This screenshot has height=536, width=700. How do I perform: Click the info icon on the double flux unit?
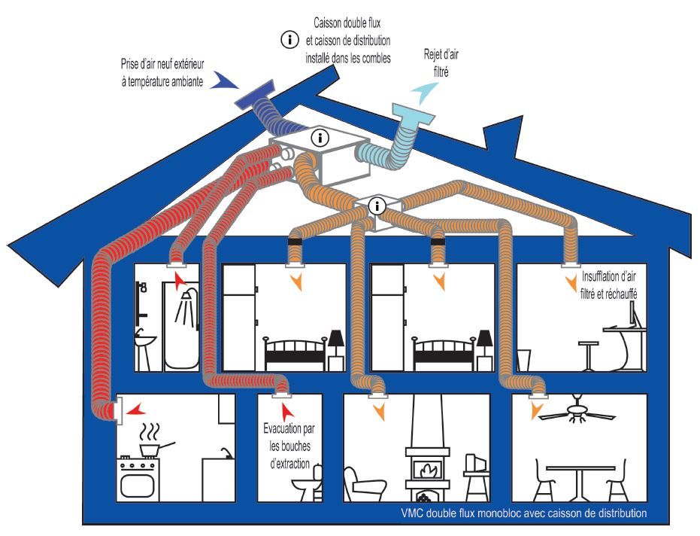[x=321, y=139]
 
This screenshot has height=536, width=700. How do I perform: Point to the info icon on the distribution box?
[x=378, y=204]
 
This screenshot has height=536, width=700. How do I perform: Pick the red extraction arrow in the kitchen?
[x=136, y=410]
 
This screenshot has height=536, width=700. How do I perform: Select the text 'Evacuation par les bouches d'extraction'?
[x=289, y=445]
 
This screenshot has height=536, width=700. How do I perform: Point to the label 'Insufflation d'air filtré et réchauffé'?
[x=609, y=285]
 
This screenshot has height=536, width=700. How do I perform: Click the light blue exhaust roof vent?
[x=413, y=120]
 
